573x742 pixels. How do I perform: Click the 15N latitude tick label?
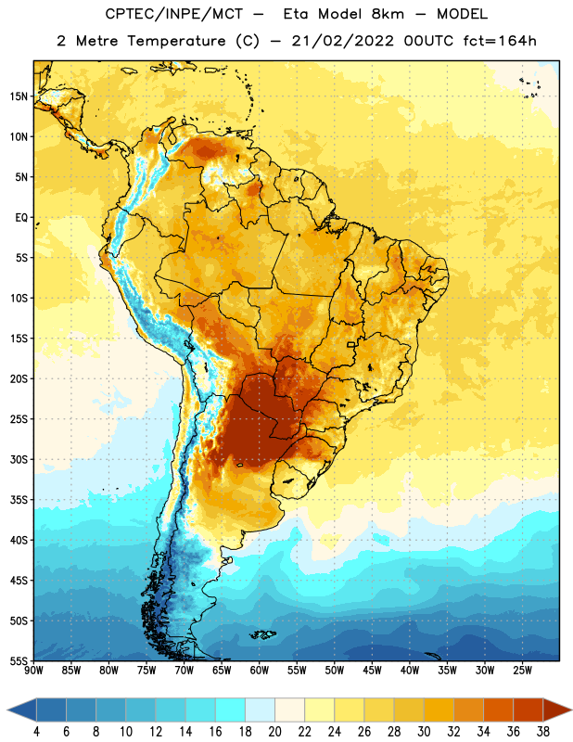pos(19,96)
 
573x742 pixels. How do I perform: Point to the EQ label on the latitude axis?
pos(21,218)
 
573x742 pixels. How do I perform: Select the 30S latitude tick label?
pos(19,459)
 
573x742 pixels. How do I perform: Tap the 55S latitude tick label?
pos(19,660)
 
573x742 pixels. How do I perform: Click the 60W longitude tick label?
pos(260,671)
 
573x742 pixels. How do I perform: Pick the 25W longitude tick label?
pos(522,671)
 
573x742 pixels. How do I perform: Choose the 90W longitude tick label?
pos(33,671)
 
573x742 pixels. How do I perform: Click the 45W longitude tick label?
pos(372,671)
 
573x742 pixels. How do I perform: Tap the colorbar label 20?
pos(274,732)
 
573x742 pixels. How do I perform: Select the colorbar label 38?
pos(543,732)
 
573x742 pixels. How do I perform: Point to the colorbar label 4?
pos(36,732)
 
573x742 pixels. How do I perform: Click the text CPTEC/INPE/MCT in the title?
pos(173,14)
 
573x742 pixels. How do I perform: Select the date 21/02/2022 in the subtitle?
pos(342,41)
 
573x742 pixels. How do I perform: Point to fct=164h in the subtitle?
pos(499,41)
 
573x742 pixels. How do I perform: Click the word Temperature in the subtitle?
pos(176,42)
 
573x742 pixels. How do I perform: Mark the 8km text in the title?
pos(388,14)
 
